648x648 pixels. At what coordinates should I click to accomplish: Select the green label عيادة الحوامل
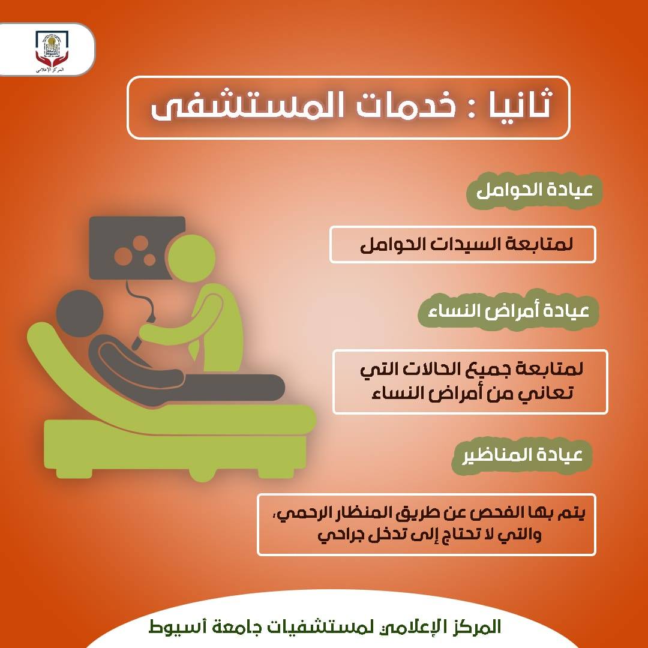coord(534,191)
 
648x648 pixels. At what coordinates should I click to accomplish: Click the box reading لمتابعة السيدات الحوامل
coord(463,244)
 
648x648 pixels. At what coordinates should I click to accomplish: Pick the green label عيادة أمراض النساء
coord(508,311)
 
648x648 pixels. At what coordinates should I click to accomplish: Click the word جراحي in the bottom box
coord(337,535)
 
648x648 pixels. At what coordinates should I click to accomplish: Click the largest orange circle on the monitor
coord(123,256)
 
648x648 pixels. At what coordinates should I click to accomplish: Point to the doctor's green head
coord(191,258)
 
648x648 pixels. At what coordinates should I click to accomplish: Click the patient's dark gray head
coord(80,313)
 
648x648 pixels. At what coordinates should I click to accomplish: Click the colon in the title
coord(472,107)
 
